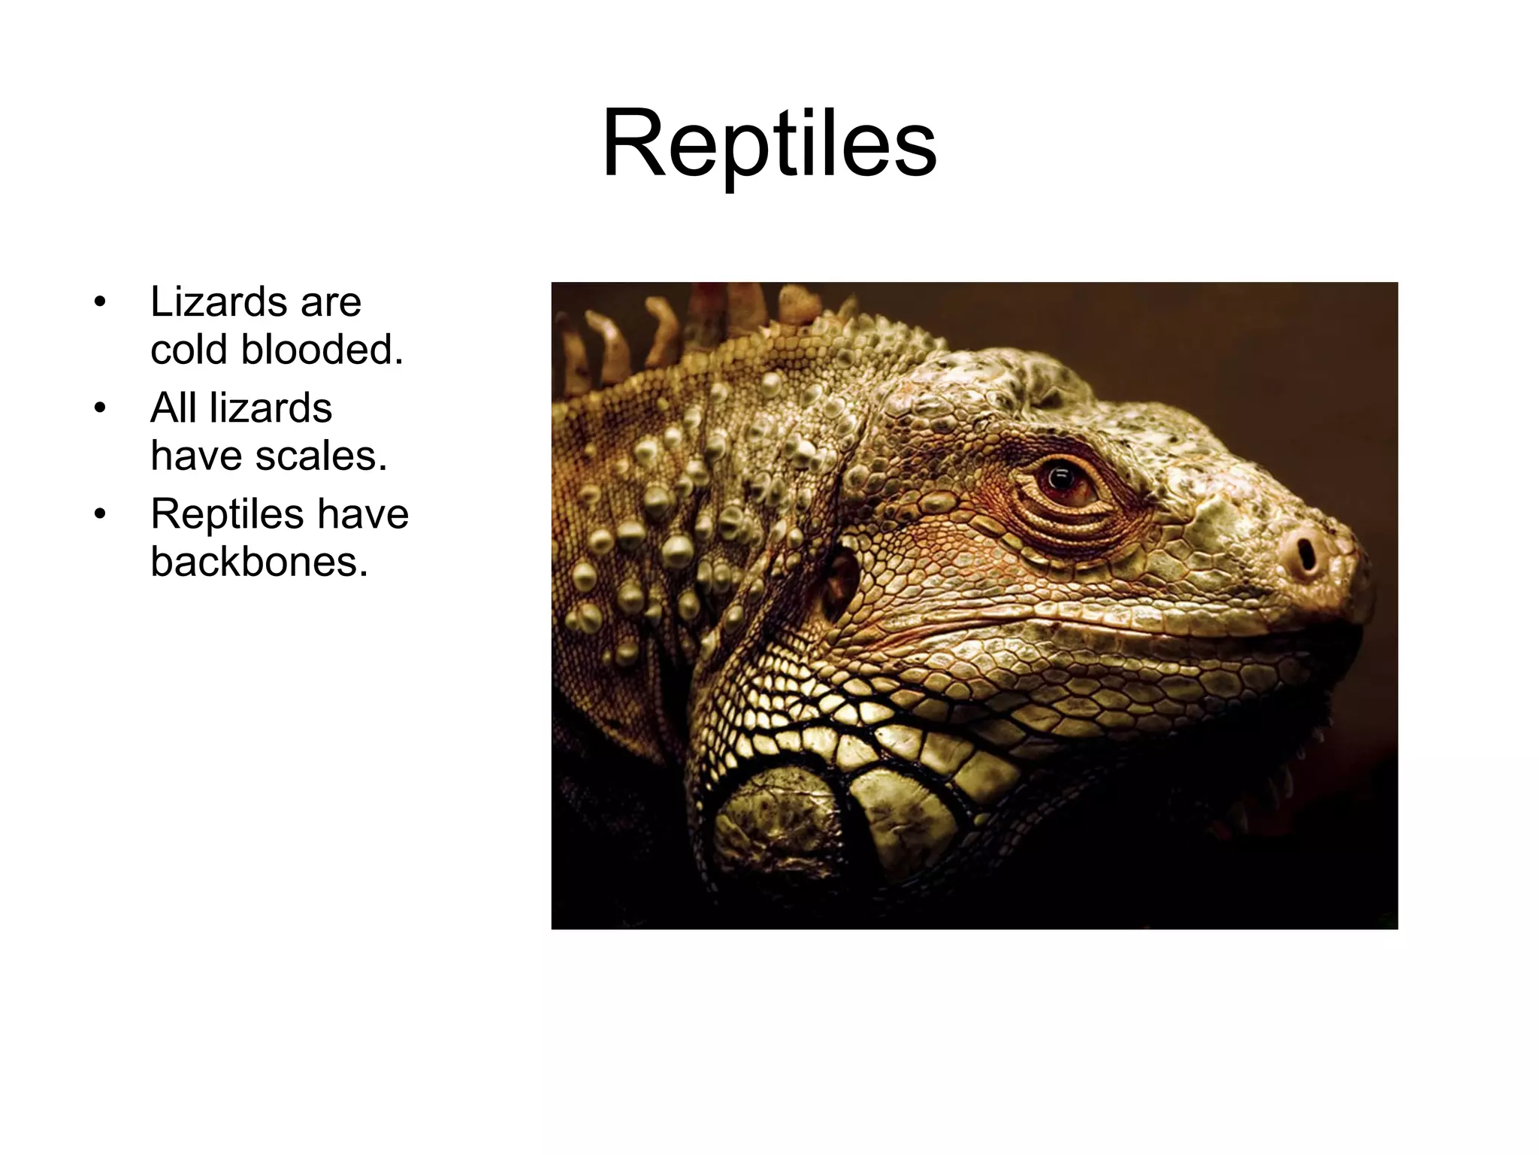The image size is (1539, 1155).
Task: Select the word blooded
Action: pos(322,350)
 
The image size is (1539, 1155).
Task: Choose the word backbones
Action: pos(259,562)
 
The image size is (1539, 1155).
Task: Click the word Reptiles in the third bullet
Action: pos(227,514)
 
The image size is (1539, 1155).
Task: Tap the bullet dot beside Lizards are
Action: pos(100,303)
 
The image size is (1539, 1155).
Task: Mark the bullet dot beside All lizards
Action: pos(100,409)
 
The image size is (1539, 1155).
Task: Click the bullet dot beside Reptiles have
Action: pos(100,515)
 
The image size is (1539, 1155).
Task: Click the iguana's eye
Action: pos(1063,481)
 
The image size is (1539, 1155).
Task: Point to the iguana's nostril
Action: pos(1306,555)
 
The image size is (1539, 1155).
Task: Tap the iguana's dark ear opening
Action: pos(842,579)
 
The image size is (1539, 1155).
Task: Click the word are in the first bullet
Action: pos(331,302)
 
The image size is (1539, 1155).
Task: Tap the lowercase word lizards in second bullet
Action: pos(271,408)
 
